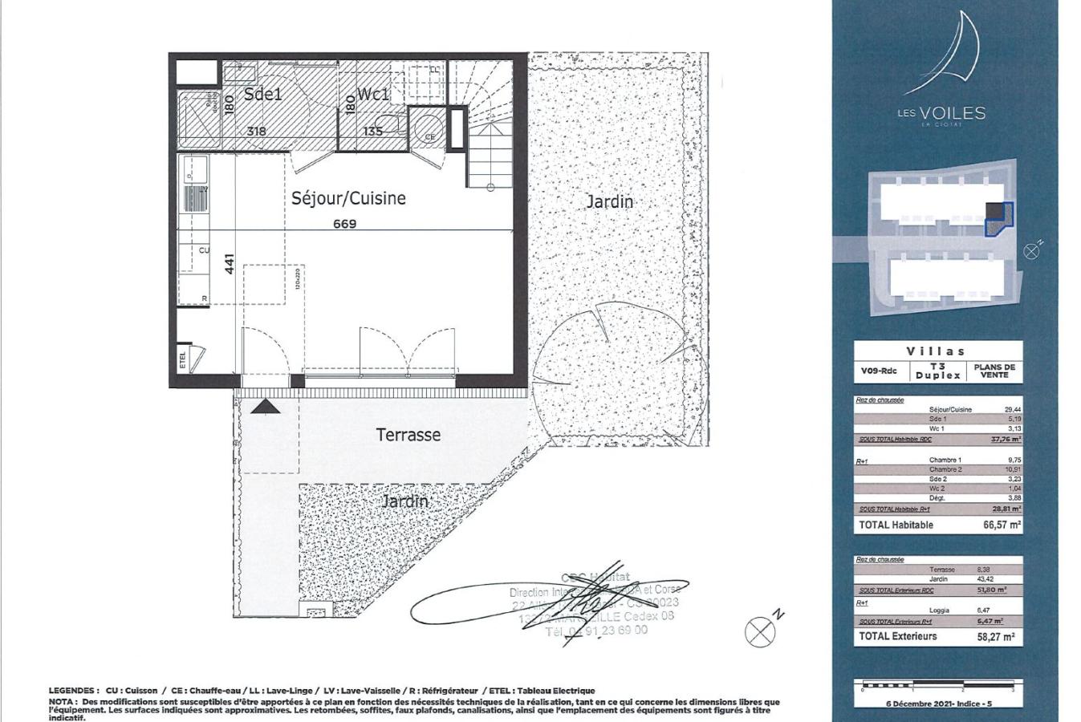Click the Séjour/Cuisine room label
pyautogui.click(x=348, y=198)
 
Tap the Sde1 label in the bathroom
pyautogui.click(x=263, y=95)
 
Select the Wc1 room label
pyautogui.click(x=373, y=95)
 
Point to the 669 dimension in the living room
pyautogui.click(x=344, y=224)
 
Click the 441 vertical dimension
pyautogui.click(x=230, y=265)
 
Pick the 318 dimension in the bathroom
pyautogui.click(x=256, y=131)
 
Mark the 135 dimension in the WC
pyautogui.click(x=373, y=131)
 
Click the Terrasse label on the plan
pyautogui.click(x=408, y=435)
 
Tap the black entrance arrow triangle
pyautogui.click(x=266, y=407)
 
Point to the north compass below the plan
pyautogui.click(x=760, y=632)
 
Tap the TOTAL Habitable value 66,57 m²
pyautogui.click(x=1002, y=525)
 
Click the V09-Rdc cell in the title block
pyautogui.click(x=880, y=371)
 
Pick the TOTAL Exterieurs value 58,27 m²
pyautogui.click(x=998, y=637)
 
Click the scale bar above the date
pyautogui.click(x=937, y=687)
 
